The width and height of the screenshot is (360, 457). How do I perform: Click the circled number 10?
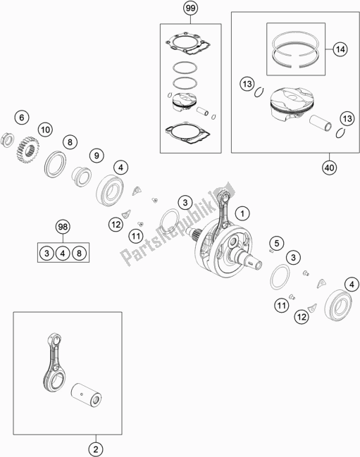pyautogui.click(x=45, y=130)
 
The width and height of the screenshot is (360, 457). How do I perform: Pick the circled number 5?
pyautogui.click(x=277, y=244)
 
